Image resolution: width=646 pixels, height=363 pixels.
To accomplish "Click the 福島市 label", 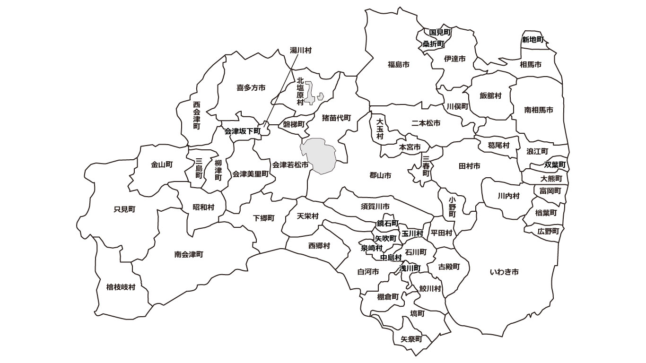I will [398, 64].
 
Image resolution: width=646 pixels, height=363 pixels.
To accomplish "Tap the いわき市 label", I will [504, 272].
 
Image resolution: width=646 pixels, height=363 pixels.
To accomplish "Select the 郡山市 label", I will [380, 175].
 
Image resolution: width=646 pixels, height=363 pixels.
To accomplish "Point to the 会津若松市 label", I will [290, 165].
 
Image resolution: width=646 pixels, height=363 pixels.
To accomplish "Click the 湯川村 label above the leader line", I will [301, 50].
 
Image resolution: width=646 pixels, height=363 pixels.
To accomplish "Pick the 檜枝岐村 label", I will [121, 287].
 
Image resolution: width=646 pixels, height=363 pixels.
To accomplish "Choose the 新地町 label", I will [533, 39].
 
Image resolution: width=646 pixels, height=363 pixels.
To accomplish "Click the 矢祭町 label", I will [411, 339].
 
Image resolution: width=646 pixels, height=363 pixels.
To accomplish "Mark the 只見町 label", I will [125, 209].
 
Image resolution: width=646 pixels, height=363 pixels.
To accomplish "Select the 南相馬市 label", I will [539, 110].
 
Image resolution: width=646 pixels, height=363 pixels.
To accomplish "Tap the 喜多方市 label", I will [251, 87].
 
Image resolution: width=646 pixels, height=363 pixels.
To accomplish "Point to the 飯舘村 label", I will [490, 95].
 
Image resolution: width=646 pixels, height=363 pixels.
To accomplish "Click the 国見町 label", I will [440, 33].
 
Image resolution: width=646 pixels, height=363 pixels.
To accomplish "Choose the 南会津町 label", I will [189, 254].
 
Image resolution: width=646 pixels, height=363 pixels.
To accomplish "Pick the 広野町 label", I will [548, 232].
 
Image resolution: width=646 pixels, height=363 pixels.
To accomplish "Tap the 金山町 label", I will [162, 165].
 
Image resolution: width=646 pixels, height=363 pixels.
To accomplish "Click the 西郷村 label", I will [319, 246].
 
